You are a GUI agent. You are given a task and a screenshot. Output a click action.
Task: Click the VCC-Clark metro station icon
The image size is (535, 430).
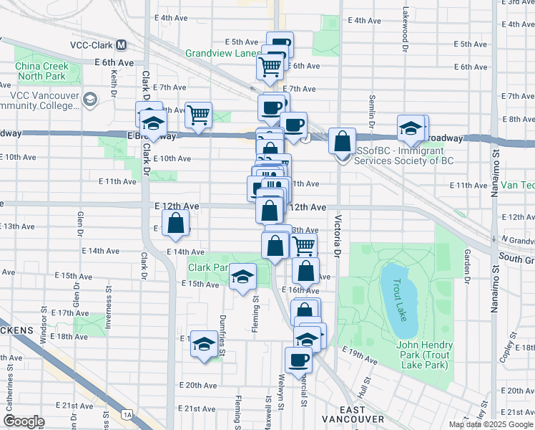[x=121, y=44]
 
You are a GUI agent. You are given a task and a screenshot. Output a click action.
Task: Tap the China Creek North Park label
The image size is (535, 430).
[x=41, y=71]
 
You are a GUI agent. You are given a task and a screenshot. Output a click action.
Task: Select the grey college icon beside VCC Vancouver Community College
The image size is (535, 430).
[x=91, y=98]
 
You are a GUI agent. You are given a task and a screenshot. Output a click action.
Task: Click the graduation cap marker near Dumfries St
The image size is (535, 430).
[x=205, y=345]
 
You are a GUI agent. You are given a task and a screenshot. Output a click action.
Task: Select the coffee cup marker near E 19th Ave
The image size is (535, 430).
[x=298, y=360]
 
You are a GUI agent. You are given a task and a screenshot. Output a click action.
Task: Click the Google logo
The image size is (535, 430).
[x=24, y=421]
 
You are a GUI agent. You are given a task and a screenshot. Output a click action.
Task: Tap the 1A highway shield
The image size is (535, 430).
[x=127, y=414]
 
